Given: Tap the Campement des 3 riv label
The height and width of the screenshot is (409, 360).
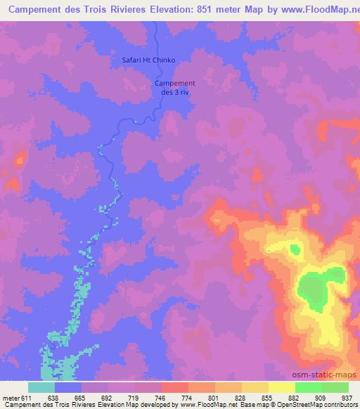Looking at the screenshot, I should pyautogui.click(x=174, y=88).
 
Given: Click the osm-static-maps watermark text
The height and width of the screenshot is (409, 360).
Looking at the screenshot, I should pyautogui.click(x=331, y=375).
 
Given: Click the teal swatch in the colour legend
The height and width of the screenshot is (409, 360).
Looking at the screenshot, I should pyautogui.click(x=41, y=387).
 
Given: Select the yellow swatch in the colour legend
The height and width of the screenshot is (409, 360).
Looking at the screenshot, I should pyautogui.click(x=281, y=387).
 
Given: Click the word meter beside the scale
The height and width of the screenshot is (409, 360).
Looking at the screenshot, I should pyautogui.click(x=11, y=398).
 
